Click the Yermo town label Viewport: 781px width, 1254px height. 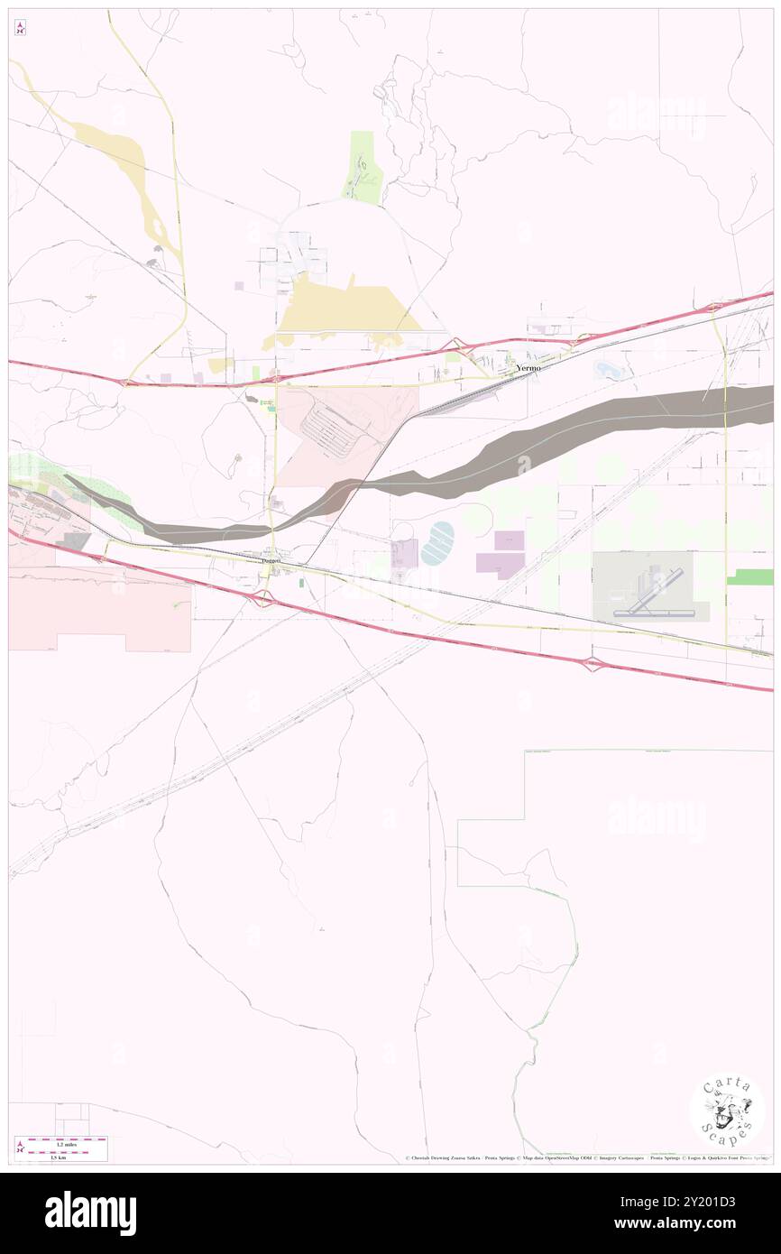click(x=528, y=369)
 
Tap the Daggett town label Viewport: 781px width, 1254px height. click(x=271, y=560)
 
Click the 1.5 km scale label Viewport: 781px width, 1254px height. click(x=57, y=1157)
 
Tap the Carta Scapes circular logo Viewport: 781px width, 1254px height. click(x=727, y=1111)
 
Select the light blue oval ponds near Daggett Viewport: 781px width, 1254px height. click(x=438, y=543)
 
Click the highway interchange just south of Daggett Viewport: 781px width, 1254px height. click(x=262, y=596)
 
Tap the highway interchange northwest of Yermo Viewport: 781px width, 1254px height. click(x=460, y=346)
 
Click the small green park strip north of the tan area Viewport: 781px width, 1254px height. click(x=363, y=167)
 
